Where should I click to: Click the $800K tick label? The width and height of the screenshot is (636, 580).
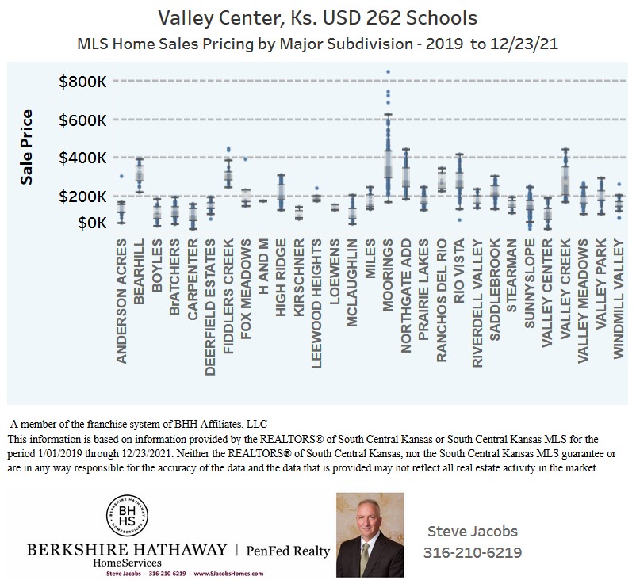tap(82, 81)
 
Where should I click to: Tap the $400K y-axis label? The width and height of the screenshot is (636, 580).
tap(82, 158)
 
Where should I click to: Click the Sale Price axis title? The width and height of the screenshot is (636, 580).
tap(26, 147)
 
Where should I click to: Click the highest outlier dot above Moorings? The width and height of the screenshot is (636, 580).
tap(388, 72)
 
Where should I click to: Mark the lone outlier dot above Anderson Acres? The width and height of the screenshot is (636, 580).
tap(121, 176)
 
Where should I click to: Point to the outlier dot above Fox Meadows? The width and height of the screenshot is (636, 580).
tap(246, 159)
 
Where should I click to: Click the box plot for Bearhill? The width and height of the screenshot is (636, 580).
tap(139, 174)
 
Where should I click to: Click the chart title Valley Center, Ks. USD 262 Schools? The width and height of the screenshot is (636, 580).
tap(318, 17)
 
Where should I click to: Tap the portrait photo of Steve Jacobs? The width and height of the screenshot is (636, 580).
tap(370, 535)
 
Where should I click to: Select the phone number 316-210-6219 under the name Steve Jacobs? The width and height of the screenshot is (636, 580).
tap(473, 552)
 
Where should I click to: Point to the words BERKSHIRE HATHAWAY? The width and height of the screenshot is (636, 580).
tap(127, 550)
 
